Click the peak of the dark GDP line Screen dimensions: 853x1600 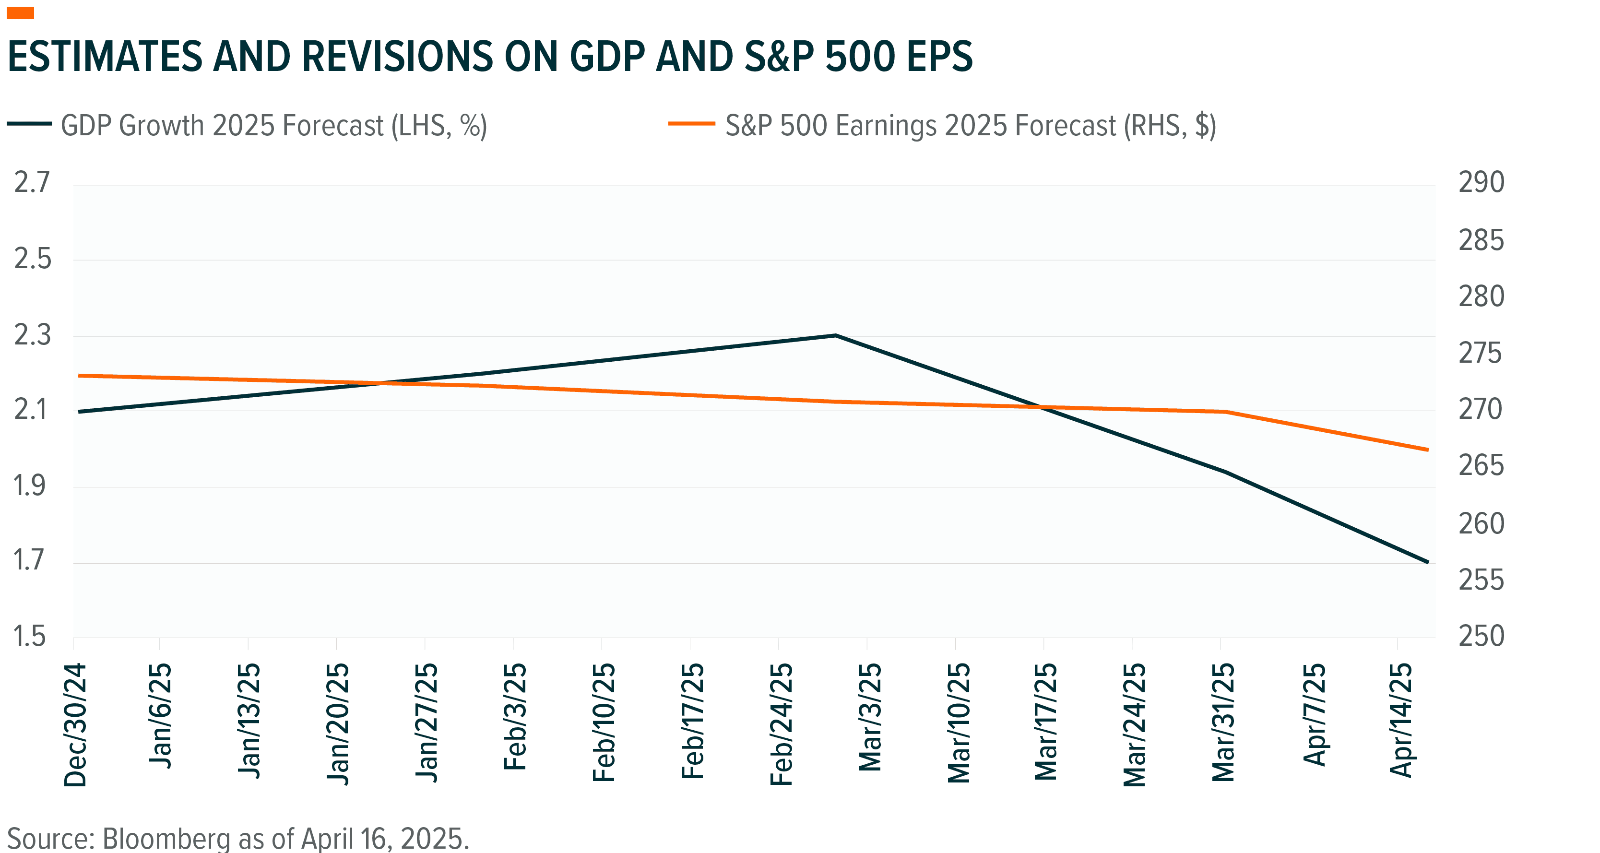pos(835,335)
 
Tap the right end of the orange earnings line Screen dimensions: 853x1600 pos(1428,449)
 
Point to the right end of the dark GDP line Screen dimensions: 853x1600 pos(1428,562)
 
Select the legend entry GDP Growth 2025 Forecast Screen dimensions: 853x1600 pos(273,126)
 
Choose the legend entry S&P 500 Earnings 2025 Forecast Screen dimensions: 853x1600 pos(970,126)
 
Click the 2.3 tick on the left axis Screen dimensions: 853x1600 pos(32,335)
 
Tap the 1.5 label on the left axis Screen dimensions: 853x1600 pos(30,636)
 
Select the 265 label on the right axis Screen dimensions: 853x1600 pos(1481,466)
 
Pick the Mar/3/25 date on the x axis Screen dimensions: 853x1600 pos(869,718)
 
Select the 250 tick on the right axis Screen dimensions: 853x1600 pos(1481,636)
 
